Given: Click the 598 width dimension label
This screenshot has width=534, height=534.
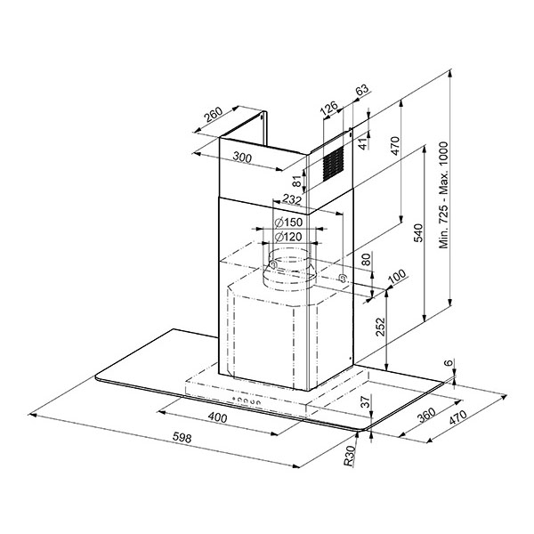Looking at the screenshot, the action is coord(182,437).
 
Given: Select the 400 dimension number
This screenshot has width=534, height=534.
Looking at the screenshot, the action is coord(217,417).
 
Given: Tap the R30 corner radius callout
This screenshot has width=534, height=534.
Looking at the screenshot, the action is coord(350,456).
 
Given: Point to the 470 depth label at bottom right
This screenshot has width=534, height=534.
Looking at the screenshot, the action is coord(457,417).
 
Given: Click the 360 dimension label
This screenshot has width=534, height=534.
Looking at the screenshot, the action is coord(425,415).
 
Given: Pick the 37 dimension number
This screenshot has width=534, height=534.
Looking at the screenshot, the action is coord(365,402).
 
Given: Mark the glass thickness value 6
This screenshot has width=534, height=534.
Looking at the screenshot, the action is coord(449,363).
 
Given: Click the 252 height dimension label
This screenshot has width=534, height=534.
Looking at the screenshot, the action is coord(380,327).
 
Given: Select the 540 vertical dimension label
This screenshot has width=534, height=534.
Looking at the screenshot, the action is coord(418,232).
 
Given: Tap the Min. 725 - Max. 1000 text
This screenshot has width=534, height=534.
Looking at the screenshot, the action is coord(443,195).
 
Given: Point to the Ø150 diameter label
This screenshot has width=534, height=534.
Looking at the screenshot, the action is coord(288,222).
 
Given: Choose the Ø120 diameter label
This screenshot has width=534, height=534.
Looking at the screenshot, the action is coord(288,237).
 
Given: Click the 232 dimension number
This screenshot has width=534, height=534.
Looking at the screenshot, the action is coord(292,199).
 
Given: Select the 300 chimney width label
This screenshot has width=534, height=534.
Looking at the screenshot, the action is coord(242,157).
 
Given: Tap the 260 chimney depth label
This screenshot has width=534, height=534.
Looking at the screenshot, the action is coord(214,115).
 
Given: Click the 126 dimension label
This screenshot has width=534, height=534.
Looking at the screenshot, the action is coord(329,108).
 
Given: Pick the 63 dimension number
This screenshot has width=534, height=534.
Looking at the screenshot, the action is coord(362,89).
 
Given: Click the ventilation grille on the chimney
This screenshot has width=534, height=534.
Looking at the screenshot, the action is coord(332,164).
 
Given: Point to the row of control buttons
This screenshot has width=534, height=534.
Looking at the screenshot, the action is coord(247,400).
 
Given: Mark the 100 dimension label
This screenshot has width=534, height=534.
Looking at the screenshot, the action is coord(397,276).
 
